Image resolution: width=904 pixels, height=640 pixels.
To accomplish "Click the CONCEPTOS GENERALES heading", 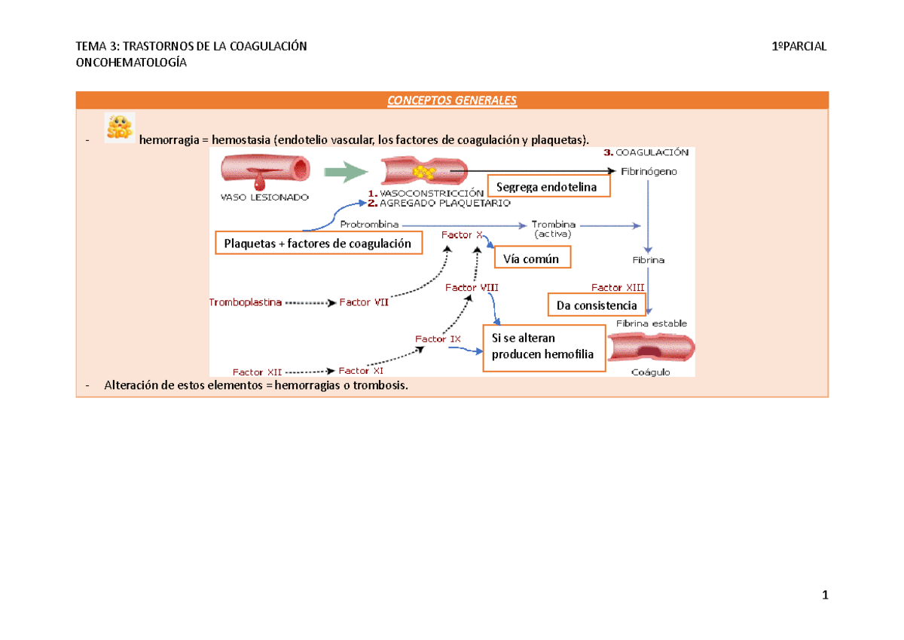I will point(452,101).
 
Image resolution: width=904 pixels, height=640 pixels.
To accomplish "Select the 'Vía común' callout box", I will point(532,259).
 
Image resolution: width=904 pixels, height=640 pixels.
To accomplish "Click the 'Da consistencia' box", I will point(597,305).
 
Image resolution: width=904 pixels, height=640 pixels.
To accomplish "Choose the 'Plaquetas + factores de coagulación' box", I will point(318,243).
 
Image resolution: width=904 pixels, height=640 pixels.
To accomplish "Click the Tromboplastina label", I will point(246,302).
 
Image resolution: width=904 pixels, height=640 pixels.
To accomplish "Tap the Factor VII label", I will point(364,302).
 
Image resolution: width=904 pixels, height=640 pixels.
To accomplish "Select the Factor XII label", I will point(258,372).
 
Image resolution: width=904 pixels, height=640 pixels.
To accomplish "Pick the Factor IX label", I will point(438,339).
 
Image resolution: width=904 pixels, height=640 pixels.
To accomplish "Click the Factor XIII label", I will point(617,287).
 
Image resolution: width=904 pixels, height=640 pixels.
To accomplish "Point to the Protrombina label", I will point(369,224).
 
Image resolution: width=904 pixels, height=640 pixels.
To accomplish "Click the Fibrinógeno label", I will point(649,171).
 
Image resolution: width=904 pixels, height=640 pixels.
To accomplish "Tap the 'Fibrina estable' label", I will point(652,323).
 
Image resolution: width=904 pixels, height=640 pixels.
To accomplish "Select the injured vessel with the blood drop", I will point(266,170).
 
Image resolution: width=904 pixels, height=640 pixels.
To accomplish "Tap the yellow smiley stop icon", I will point(119,127).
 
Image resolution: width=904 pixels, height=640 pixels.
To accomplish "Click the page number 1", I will point(825,596).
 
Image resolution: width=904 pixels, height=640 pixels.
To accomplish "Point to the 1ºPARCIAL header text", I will point(799,47).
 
